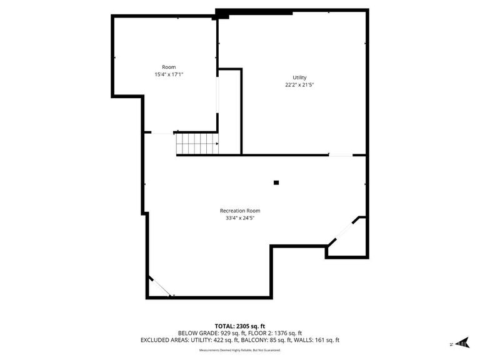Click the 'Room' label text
tap(169, 67)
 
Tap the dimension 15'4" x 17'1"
tap(169, 74)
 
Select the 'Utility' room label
tap(299, 77)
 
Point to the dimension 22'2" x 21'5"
tap(299, 84)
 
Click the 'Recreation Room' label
tap(240, 211)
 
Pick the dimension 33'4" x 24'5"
tap(240, 218)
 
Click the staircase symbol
tap(196, 144)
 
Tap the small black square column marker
tap(276, 182)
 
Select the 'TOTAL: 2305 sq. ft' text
tap(240, 326)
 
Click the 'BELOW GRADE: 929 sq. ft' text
tap(207, 333)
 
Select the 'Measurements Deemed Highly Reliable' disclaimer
tap(240, 350)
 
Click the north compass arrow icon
tap(462, 342)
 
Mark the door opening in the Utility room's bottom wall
tap(341, 154)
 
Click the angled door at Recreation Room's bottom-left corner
tap(161, 286)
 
